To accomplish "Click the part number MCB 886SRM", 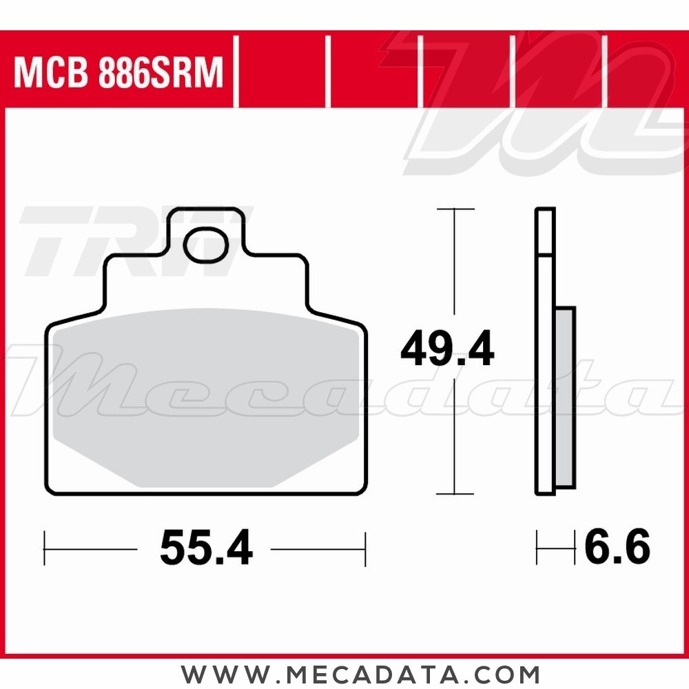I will tap(119, 73).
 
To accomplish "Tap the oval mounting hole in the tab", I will tap(206, 245).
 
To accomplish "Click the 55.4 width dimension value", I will tap(206, 548).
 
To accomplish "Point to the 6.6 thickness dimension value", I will tap(617, 548).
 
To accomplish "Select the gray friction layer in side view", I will tap(565, 396).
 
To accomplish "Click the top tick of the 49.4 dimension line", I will tap(455, 209).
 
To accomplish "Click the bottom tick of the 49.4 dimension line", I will tap(455, 494).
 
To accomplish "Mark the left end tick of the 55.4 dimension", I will tap(45, 548).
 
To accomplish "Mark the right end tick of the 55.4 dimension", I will tap(365, 548).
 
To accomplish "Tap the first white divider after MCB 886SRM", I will tap(236, 73).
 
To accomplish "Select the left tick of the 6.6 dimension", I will tap(537, 548).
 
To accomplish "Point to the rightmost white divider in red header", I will tap(604, 73).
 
